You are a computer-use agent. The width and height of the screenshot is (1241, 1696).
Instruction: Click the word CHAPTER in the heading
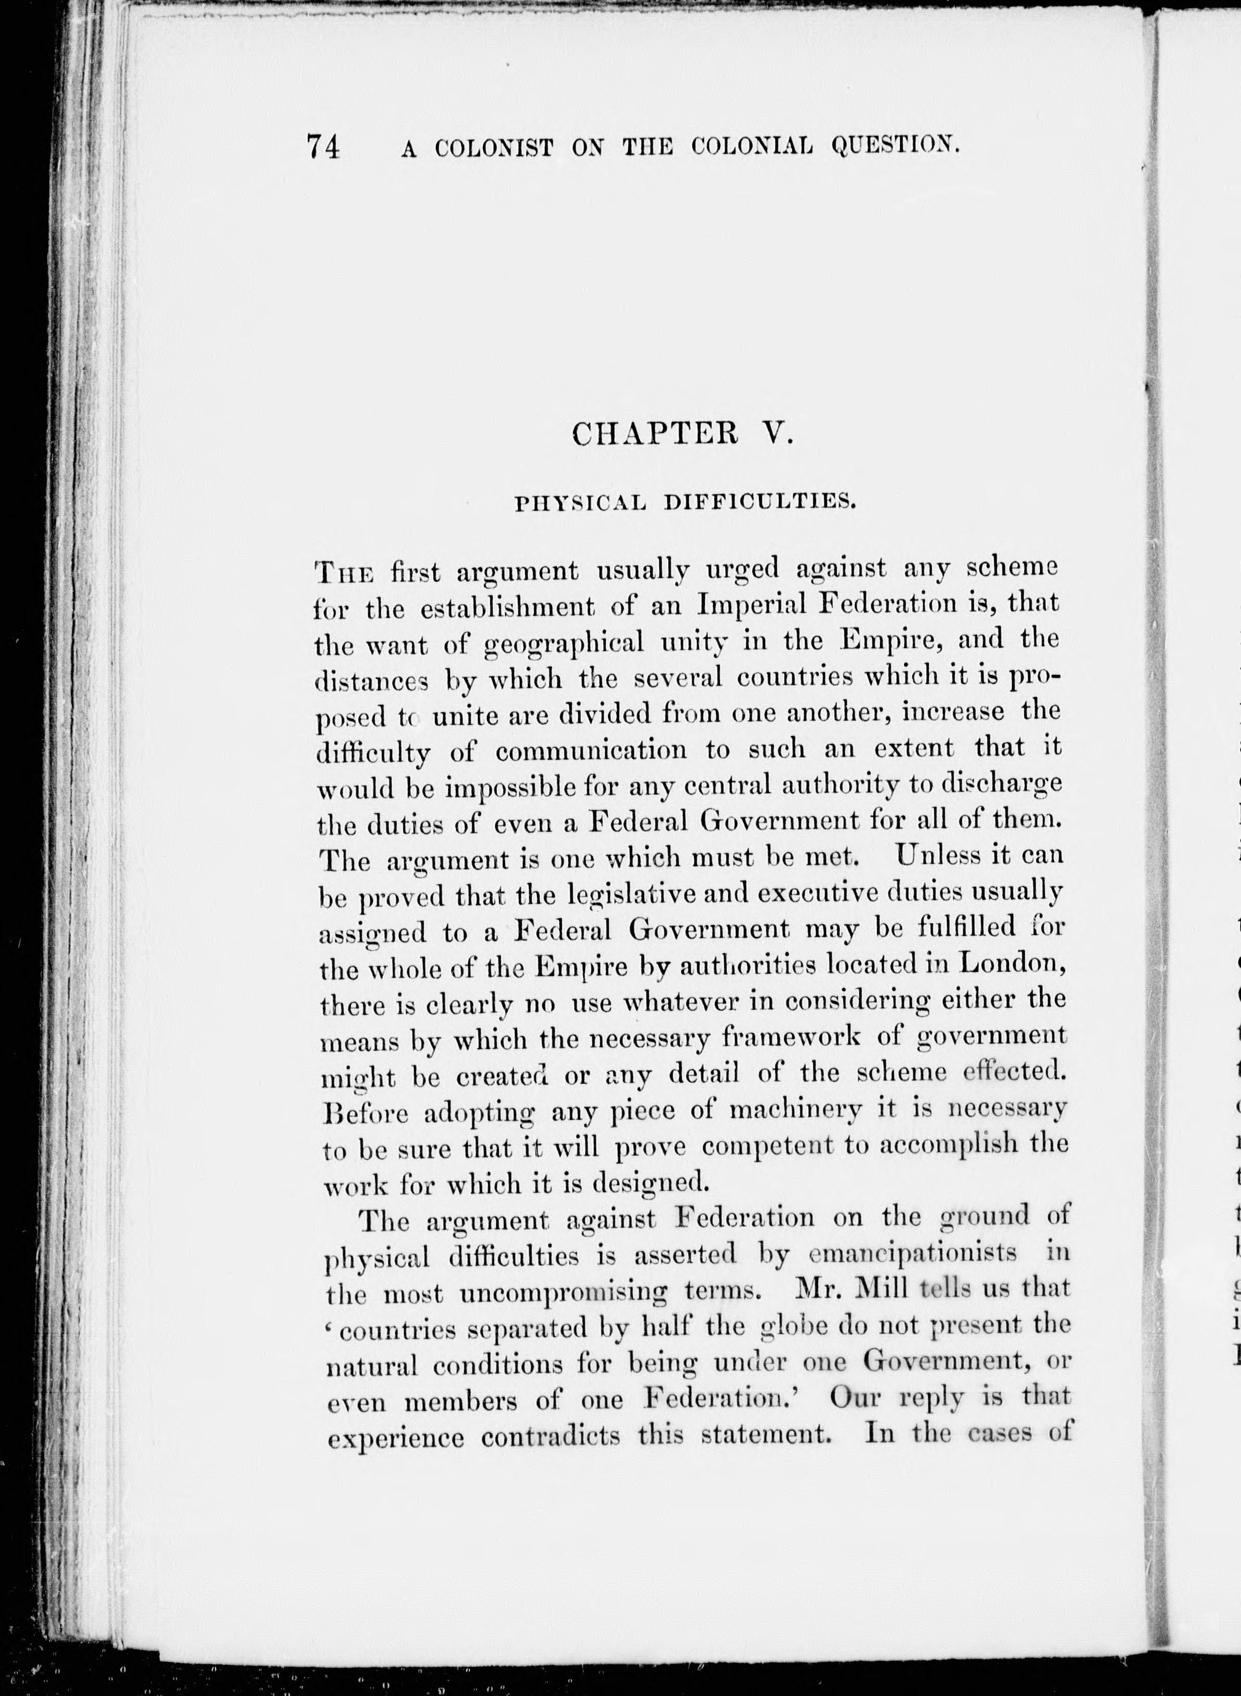pos(648,433)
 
